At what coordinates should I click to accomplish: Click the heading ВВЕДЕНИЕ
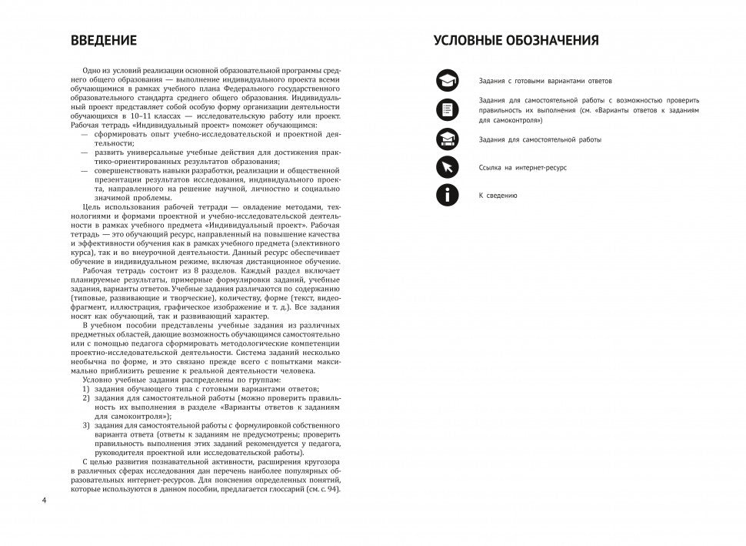pyautogui.click(x=103, y=41)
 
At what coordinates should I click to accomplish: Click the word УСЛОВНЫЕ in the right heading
pyautogui.click(x=471, y=41)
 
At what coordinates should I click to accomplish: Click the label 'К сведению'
pyautogui.click(x=498, y=196)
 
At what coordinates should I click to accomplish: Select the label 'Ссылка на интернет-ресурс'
pyautogui.click(x=522, y=167)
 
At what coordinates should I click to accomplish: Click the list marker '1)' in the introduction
pyautogui.click(x=85, y=390)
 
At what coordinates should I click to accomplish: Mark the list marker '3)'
pyautogui.click(x=85, y=425)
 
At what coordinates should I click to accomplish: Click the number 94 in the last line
pyautogui.click(x=328, y=490)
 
